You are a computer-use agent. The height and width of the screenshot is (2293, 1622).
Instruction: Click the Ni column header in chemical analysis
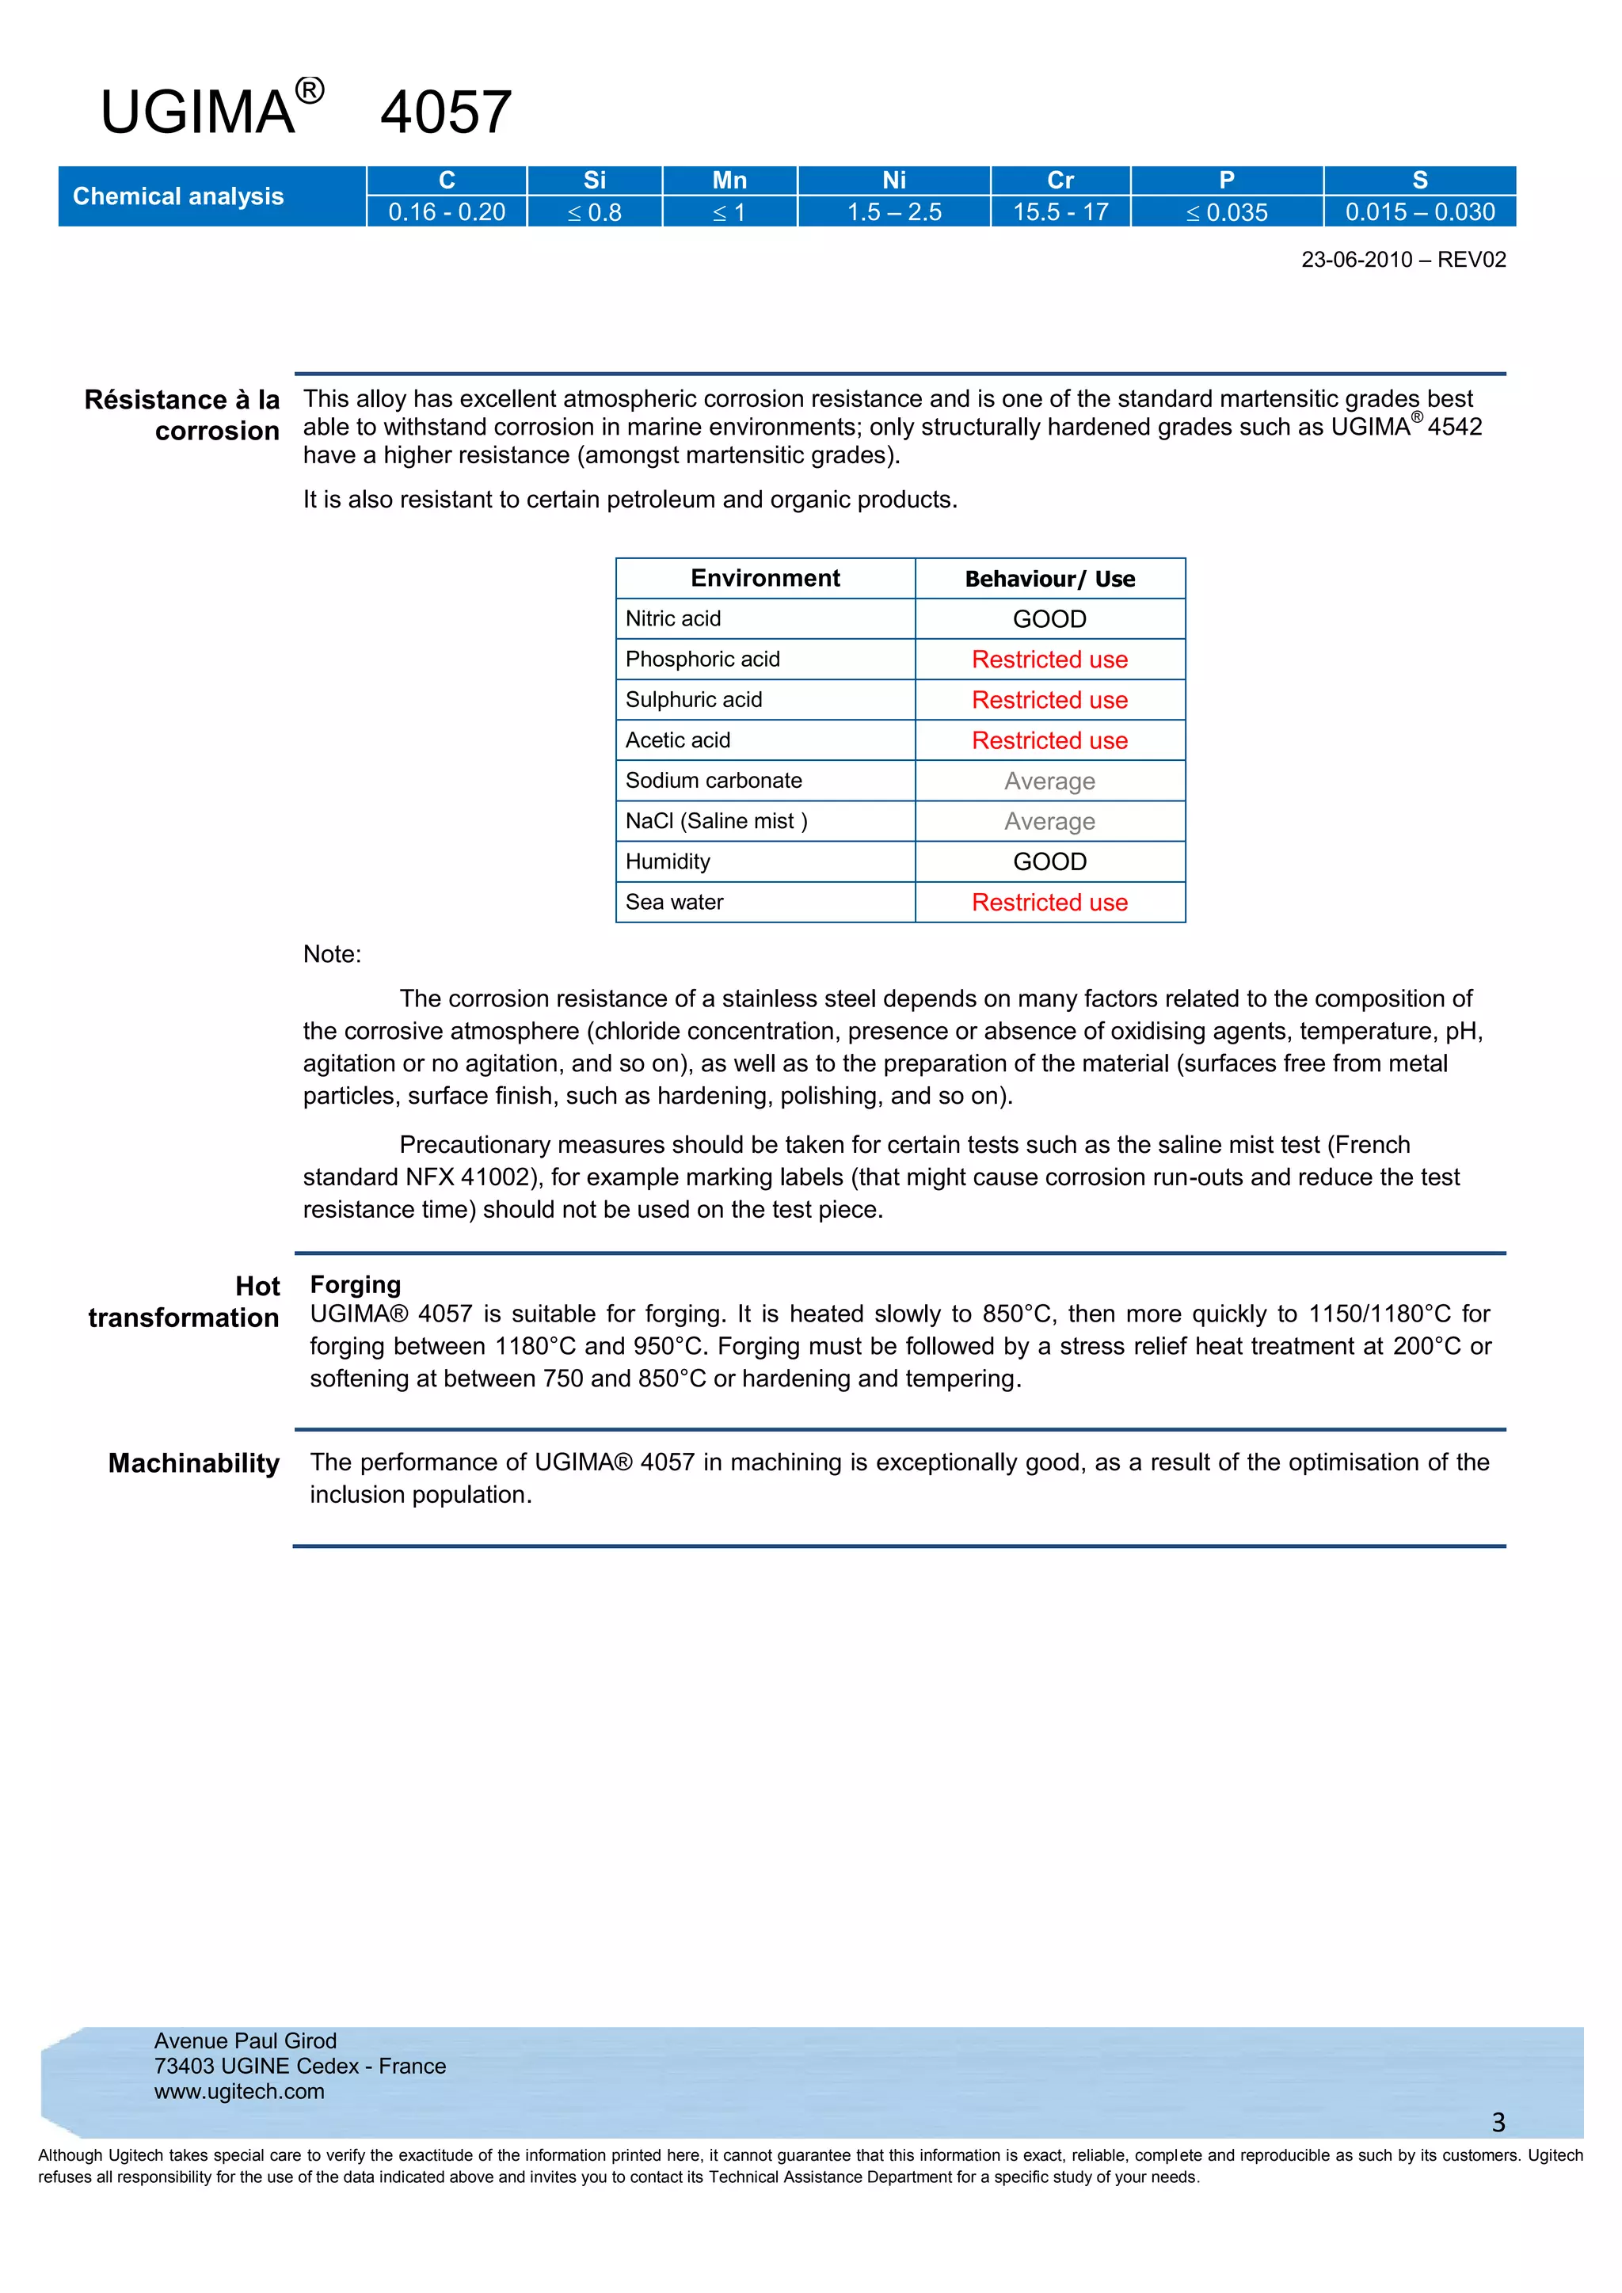(894, 180)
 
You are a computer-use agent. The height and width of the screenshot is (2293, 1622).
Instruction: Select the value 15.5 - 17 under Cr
(1060, 211)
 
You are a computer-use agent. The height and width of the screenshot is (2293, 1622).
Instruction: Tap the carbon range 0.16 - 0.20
(447, 211)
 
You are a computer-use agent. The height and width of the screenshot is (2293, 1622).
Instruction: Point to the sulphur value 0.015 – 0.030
(1419, 211)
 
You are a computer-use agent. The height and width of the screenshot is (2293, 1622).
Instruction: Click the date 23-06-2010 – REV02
(1403, 260)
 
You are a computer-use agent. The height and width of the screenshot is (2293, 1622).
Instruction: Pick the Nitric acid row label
(673, 619)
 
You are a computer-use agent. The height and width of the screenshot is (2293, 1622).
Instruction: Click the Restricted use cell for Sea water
(1049, 903)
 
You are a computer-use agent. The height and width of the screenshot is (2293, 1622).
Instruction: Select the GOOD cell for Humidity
(1049, 862)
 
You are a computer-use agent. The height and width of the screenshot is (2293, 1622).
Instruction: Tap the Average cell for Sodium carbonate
(1049, 781)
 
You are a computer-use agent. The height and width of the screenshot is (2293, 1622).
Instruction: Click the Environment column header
(765, 578)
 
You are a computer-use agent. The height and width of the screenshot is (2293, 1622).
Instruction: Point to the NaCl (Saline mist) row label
(716, 821)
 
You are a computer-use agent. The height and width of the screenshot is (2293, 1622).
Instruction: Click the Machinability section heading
(194, 1463)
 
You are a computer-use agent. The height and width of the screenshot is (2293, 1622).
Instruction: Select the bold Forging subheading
(356, 1284)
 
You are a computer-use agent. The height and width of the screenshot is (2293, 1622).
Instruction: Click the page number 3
(1498, 2122)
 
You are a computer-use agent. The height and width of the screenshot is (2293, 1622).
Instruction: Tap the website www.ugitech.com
(240, 2091)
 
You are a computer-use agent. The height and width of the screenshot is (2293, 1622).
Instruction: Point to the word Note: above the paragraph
(332, 954)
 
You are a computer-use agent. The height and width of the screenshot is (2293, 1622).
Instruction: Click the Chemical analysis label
(177, 196)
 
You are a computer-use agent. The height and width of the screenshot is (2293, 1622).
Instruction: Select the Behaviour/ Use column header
(1049, 580)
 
